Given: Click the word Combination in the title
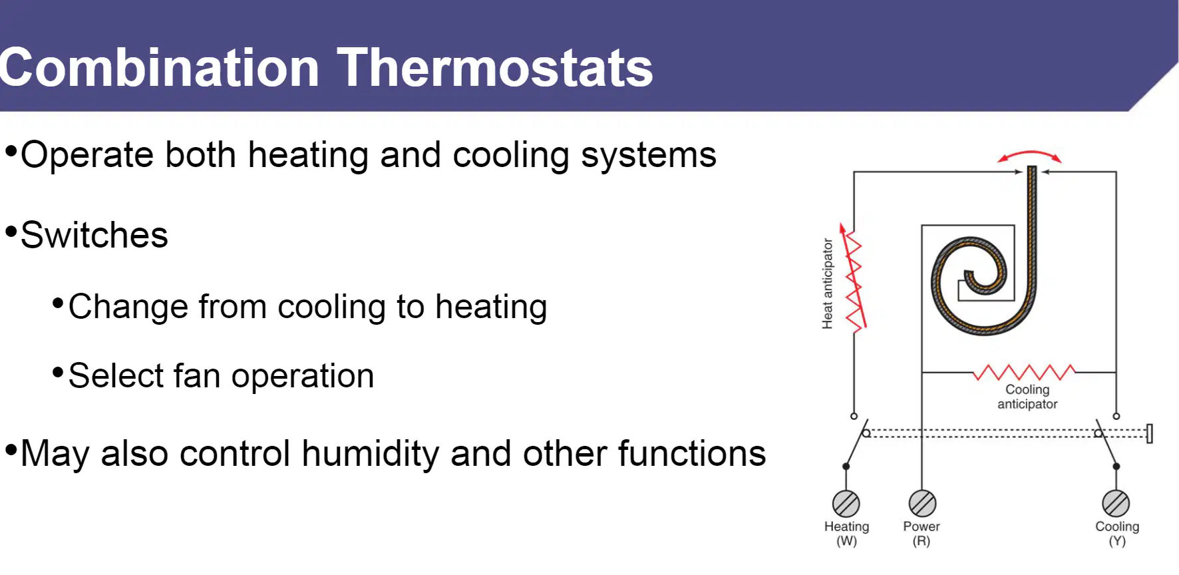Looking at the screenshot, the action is [x=160, y=68].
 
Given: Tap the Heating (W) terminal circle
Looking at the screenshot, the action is [x=846, y=504].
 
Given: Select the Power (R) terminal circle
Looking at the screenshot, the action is [x=922, y=504].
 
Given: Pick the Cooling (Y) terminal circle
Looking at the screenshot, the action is [x=1116, y=504].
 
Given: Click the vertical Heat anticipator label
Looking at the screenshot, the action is [x=827, y=284].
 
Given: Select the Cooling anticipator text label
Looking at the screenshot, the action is [x=1027, y=397].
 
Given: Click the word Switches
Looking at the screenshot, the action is [x=94, y=235].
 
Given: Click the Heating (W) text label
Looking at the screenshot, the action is [x=846, y=533].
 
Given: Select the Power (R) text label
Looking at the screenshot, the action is [x=922, y=533].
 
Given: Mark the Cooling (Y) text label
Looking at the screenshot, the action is [x=1117, y=533].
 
